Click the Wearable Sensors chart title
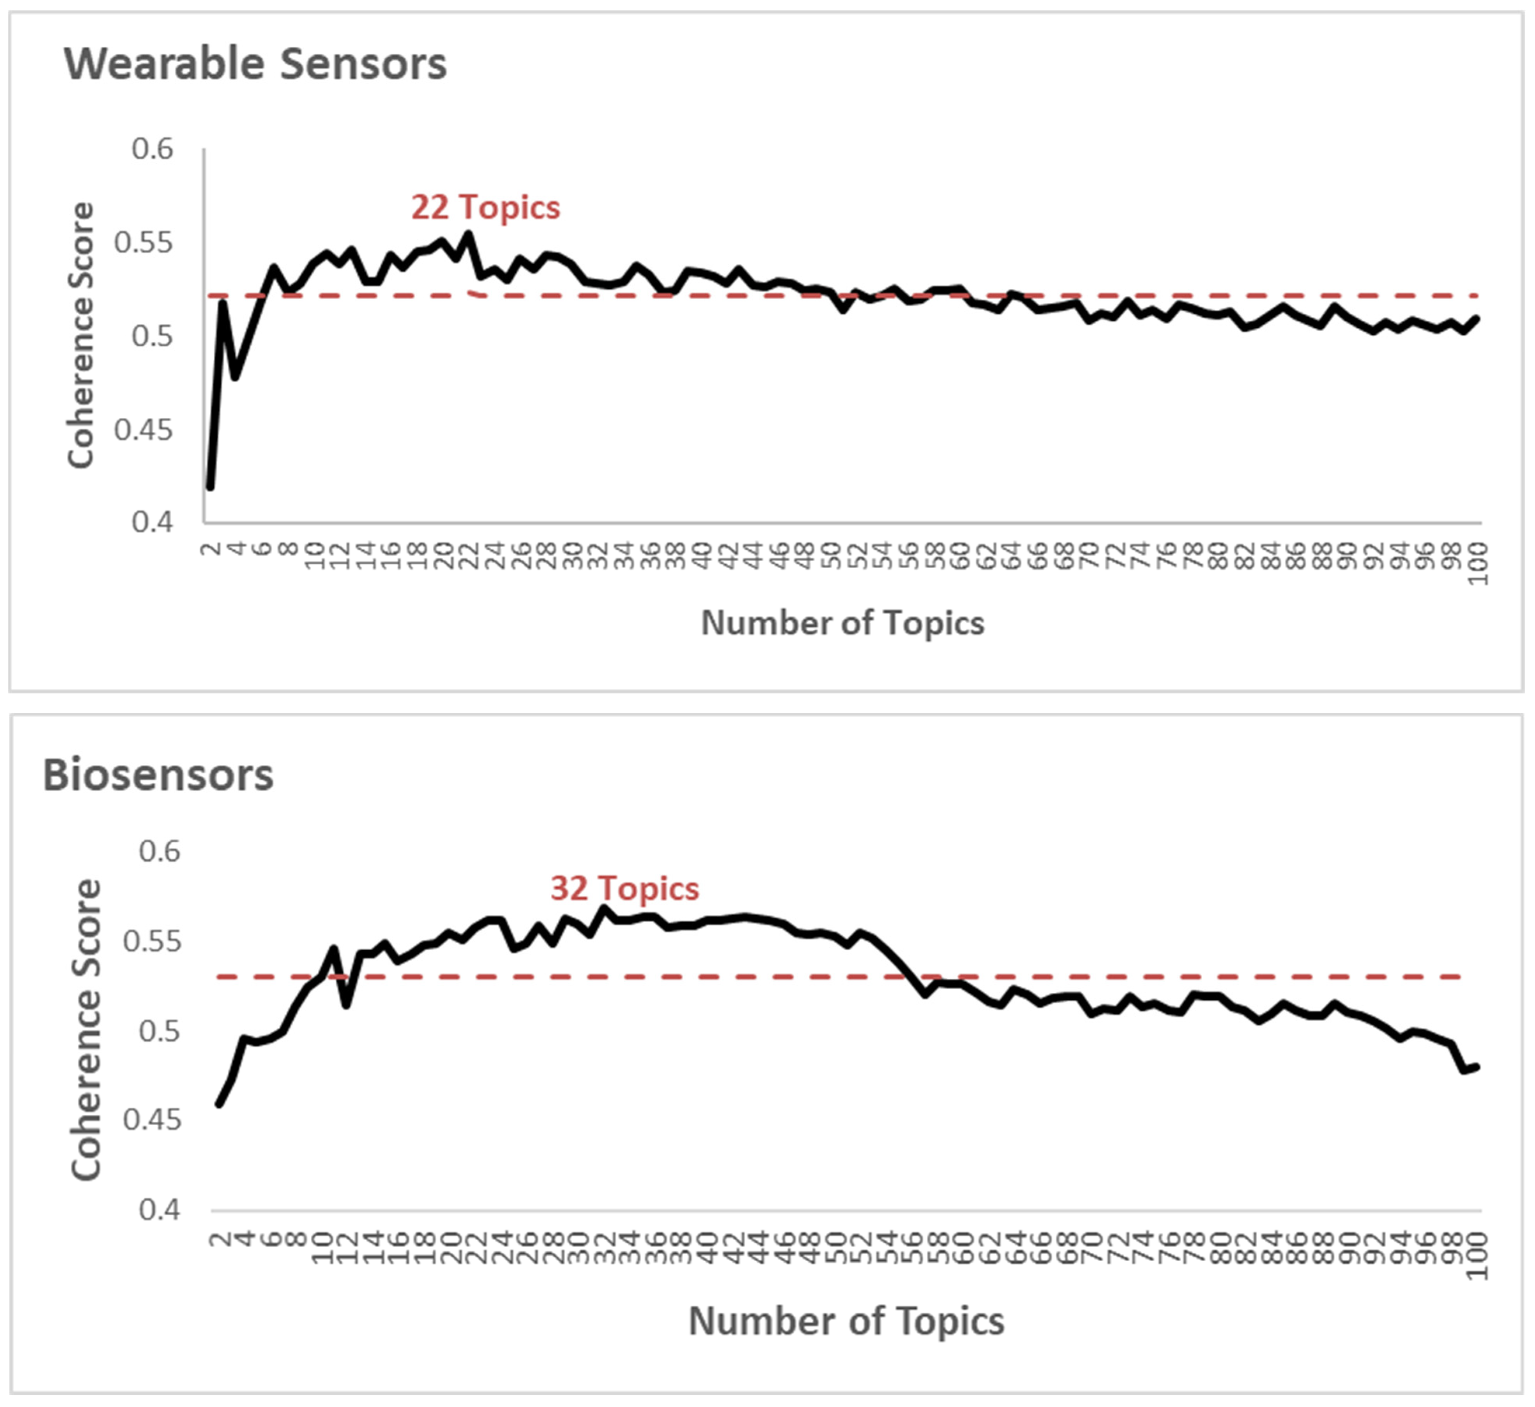[255, 64]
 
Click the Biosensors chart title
[158, 775]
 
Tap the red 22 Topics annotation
[485, 207]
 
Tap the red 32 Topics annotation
[624, 888]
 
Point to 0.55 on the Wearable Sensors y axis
[143, 243]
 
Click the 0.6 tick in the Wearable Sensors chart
[152, 148]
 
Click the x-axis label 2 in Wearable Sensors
[211, 547]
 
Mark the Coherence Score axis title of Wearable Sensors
[80, 335]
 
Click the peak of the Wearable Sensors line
[468, 234]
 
